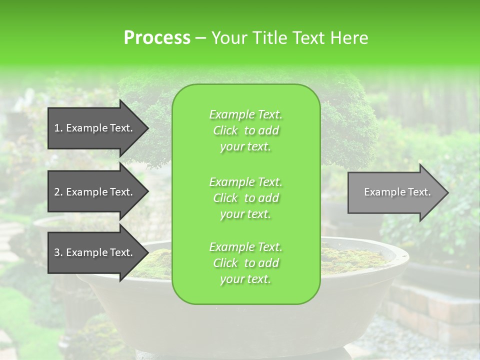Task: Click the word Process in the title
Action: [x=157, y=38]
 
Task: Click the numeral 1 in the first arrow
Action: [x=57, y=128]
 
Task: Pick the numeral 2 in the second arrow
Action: [x=57, y=192]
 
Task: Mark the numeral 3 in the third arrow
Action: [x=57, y=252]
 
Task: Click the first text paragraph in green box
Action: [x=245, y=130]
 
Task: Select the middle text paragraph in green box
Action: [x=245, y=197]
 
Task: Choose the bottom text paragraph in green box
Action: [x=245, y=263]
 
